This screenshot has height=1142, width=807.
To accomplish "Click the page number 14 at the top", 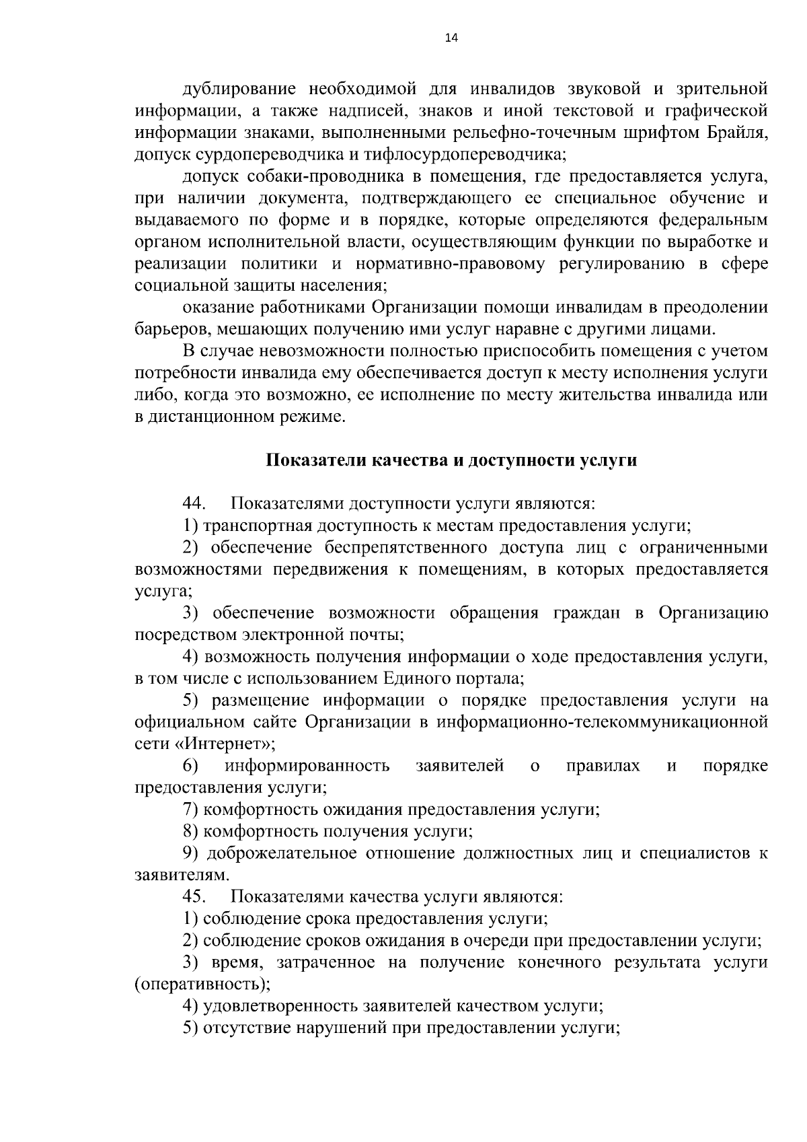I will [x=451, y=38].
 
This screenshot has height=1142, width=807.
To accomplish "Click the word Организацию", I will [x=713, y=613].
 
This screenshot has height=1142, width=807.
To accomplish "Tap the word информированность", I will [x=307, y=766].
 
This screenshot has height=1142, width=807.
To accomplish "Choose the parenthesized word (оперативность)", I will [x=202, y=985].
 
